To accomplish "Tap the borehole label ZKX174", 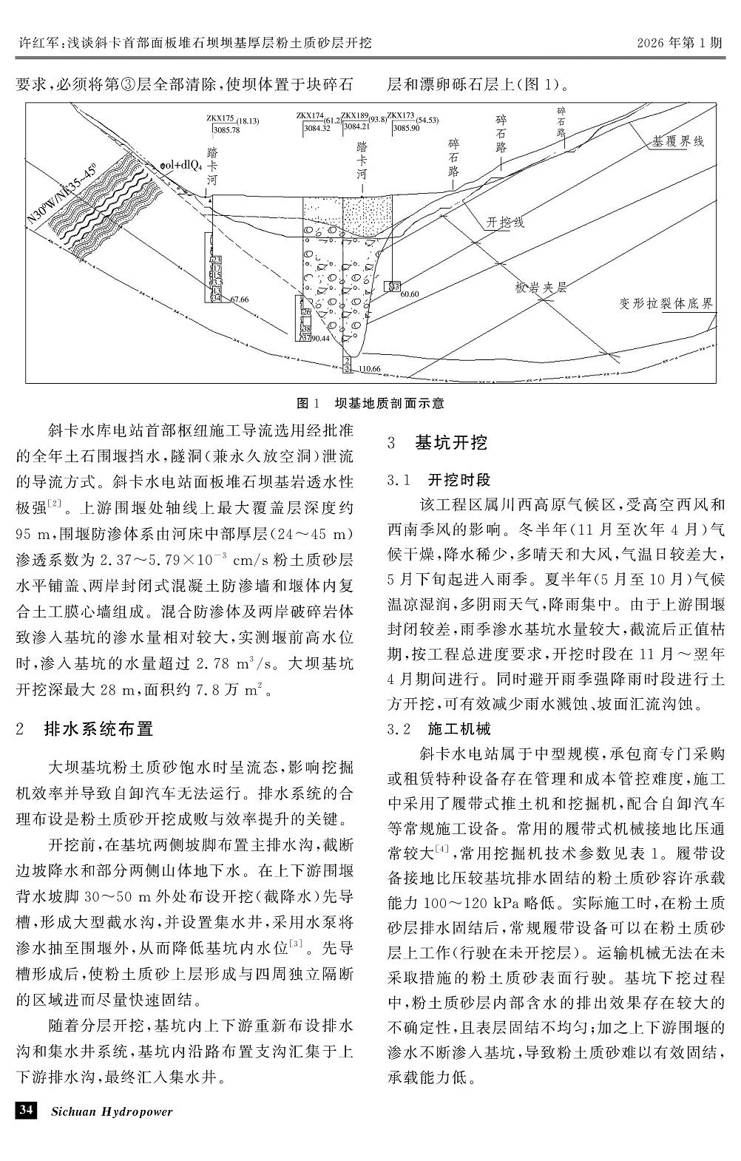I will pos(311,115).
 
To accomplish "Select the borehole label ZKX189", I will pos(355,115).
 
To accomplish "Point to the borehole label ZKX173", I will pos(401,115).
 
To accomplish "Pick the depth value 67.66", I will pos(240,299).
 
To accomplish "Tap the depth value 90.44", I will pos(320,338).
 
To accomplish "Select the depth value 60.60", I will pos(410,294).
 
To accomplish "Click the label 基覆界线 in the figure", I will pos(678,141).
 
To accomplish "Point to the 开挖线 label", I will pos(505,222).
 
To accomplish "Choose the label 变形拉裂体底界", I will pos(666,304).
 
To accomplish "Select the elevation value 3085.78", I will pos(226,130).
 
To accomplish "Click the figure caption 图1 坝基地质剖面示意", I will pos(370,403).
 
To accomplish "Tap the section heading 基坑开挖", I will pos(451,443).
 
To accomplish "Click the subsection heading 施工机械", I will pos(459,729).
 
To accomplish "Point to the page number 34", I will pos(26,1110).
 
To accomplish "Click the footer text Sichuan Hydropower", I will pos(112,1111).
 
